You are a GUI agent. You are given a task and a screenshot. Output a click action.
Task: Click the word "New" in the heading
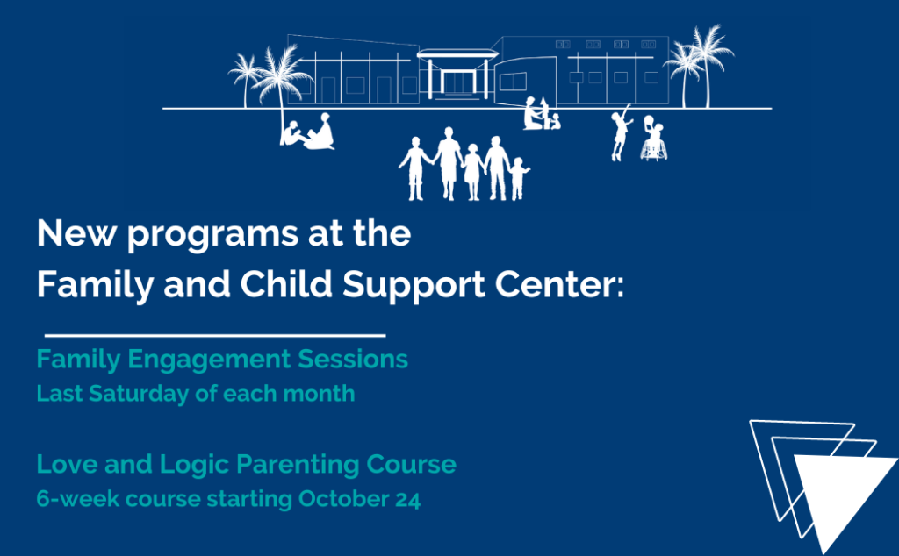coord(77,233)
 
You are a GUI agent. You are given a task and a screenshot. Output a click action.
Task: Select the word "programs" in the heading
coord(212,235)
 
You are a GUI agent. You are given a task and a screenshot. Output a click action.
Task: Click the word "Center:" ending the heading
coord(559,285)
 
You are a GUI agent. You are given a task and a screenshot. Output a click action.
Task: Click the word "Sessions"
coord(353,359)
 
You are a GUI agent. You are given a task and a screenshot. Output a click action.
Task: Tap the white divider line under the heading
coord(215,335)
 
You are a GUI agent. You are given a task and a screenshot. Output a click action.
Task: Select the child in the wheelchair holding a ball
coord(653,139)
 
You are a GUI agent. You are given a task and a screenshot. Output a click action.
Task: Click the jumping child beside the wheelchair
coord(621,132)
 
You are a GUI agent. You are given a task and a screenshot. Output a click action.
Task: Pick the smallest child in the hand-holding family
coord(518,179)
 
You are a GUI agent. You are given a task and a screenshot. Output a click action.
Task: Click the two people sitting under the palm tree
coord(308,132)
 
